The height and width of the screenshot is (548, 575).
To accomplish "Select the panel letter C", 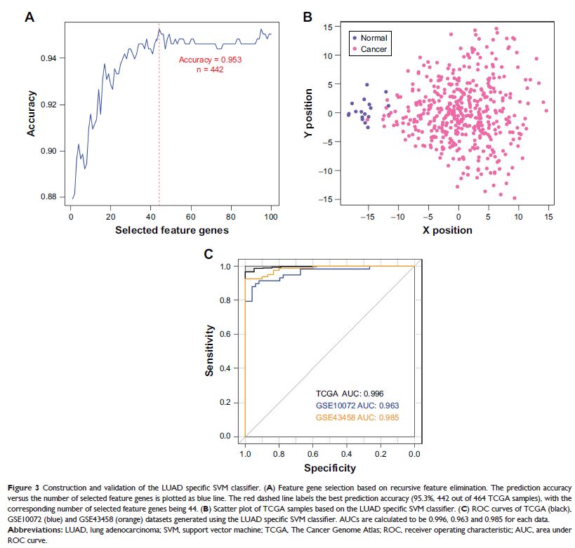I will (x=208, y=254).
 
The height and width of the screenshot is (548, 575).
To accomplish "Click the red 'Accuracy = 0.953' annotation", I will (x=210, y=60).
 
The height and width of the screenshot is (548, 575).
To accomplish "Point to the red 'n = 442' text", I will (x=211, y=70).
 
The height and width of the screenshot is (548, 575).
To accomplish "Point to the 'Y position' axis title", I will (x=309, y=113).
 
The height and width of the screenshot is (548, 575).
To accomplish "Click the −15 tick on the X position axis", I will (x=367, y=217).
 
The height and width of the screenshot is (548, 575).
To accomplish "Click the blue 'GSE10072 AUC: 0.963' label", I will (x=358, y=406).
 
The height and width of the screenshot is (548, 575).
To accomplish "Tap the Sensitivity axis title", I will (x=209, y=351).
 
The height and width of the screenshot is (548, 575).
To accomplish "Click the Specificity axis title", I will (x=329, y=467).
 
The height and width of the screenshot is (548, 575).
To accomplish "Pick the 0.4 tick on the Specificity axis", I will (x=346, y=454).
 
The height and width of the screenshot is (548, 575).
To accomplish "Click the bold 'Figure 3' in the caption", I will (x=28, y=486).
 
